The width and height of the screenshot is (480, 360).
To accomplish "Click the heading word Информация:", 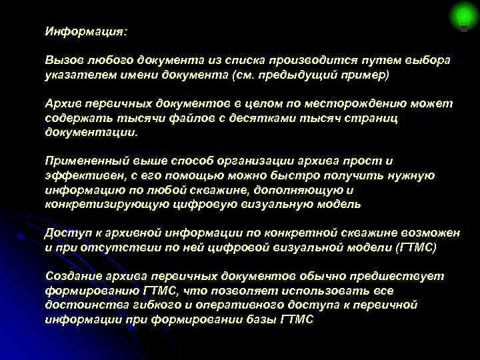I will tap(85, 31).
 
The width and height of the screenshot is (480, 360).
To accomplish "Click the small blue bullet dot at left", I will tap(22, 235).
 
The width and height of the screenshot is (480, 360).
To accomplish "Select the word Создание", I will tap(73, 276).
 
